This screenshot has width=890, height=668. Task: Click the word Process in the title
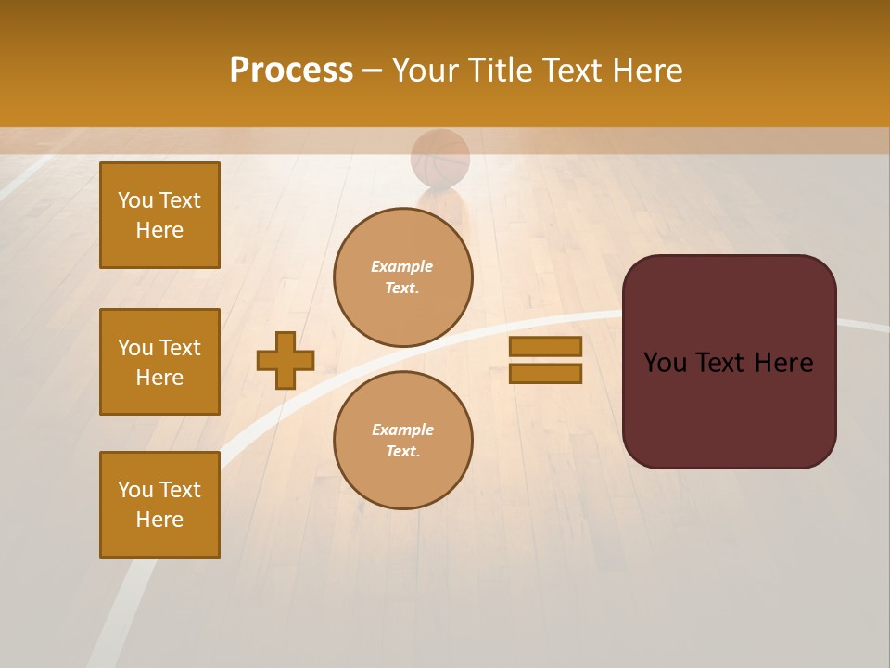[291, 71]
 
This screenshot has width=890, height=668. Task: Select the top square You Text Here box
[159, 215]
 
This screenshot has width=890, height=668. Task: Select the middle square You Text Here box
[159, 362]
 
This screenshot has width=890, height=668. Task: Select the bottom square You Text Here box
[159, 505]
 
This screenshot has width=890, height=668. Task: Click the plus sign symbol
[286, 360]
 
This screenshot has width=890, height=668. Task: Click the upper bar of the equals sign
[545, 346]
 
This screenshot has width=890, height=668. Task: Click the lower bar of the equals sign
[545, 373]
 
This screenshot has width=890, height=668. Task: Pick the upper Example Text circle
[403, 277]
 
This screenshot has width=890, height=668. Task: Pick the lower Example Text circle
[403, 441]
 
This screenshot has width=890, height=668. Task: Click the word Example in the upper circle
[402, 266]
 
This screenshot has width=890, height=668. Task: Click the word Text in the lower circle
[402, 452]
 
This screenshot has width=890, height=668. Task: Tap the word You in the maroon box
[665, 363]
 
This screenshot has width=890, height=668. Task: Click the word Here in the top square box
[159, 230]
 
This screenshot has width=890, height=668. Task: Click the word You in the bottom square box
[135, 490]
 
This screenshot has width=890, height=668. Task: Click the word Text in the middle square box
[180, 348]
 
